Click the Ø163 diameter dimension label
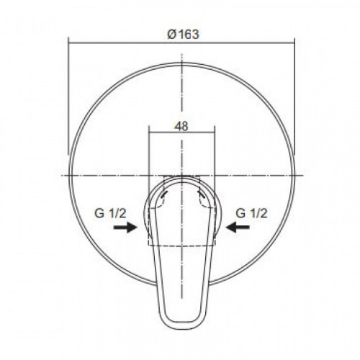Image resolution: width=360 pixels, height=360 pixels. pos(183,35)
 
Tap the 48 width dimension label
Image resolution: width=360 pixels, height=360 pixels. pos(181,126)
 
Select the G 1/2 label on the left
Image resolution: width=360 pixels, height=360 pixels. pos(110,213)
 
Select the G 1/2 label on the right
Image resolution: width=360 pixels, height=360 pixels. pos(251,213)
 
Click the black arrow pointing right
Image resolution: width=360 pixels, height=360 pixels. pos(125,227)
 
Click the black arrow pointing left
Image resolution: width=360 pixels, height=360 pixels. pos(238,227)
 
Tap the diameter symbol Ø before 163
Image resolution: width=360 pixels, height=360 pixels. pos(172,35)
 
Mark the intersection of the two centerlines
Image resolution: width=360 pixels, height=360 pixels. pos(182,176)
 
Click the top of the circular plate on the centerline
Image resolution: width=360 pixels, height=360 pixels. pos(182,63)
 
